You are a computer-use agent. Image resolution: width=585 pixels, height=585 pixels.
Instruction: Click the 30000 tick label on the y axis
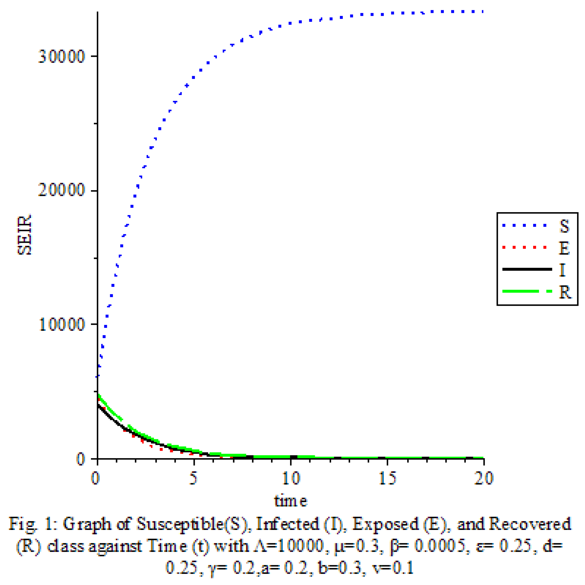(61, 57)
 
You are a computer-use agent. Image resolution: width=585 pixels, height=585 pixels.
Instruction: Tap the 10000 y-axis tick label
(61, 324)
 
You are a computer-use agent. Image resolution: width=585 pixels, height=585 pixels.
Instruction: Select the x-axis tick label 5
(193, 478)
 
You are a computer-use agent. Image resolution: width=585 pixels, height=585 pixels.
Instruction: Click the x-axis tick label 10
(291, 478)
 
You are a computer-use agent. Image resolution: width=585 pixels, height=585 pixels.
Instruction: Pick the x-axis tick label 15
(388, 478)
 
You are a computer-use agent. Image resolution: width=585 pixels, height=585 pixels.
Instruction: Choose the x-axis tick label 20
(484, 478)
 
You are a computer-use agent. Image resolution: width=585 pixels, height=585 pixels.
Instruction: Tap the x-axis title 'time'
(291, 501)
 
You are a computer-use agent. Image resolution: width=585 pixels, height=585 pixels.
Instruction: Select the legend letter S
(564, 226)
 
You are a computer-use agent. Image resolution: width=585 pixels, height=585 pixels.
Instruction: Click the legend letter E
(564, 248)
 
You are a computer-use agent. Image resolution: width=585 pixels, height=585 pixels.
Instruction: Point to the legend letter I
(562, 270)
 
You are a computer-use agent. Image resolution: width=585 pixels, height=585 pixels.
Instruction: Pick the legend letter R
(565, 292)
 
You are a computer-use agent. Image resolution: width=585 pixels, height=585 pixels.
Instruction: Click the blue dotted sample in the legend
(524, 226)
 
